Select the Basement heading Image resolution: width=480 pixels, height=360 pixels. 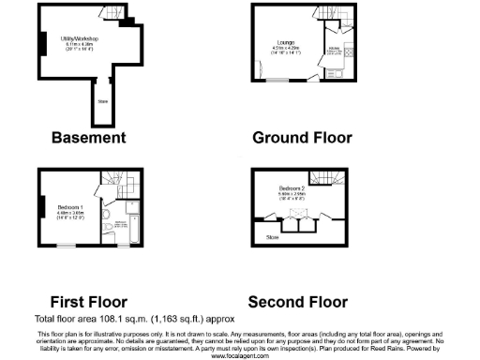tap(88, 138)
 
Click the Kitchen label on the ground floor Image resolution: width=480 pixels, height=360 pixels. tap(333, 53)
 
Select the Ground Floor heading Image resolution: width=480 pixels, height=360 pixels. tap(302, 138)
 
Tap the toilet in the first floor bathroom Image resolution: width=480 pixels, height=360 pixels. tap(111, 228)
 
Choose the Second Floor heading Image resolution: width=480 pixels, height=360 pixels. tap(297, 302)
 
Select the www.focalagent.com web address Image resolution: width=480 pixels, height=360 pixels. tap(240, 356)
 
